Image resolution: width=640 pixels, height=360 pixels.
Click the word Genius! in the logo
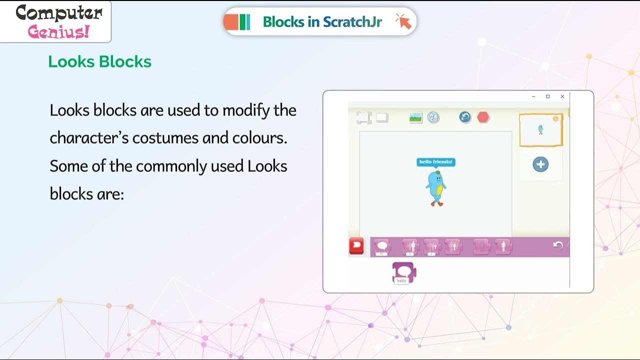[x=59, y=32]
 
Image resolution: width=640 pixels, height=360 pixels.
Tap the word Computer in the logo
[x=59, y=13]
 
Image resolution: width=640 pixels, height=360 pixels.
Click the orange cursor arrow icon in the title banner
[x=403, y=21]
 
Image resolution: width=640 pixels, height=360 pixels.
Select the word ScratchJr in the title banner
[x=352, y=21]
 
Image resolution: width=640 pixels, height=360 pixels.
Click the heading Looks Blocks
[x=99, y=61]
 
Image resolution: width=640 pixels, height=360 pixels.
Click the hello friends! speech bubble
[x=436, y=162]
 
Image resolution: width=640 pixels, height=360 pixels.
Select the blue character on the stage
[x=435, y=187]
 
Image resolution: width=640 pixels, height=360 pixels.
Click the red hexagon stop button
[x=483, y=117]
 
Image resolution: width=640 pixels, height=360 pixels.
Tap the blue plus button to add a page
[x=540, y=164]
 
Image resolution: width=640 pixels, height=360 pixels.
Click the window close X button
[x=562, y=96]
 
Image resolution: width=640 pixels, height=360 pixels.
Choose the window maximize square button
[x=548, y=96]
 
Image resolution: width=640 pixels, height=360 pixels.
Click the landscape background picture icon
[x=415, y=118]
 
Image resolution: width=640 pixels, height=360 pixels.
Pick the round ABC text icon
[x=433, y=117]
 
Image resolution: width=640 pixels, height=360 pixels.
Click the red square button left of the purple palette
[x=357, y=246]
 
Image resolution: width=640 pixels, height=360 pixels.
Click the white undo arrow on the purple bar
[x=558, y=245]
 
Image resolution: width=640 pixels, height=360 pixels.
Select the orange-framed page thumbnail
[x=540, y=130]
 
